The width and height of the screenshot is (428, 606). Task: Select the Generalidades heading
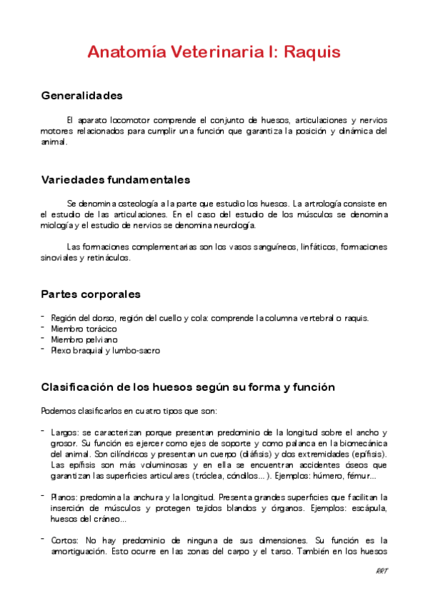point(81,96)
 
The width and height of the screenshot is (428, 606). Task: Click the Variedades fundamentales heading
point(115,179)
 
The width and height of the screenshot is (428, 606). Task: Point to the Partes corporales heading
point(91,294)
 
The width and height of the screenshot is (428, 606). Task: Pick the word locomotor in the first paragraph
point(132,119)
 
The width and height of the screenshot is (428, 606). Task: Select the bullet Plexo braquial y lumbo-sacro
point(105,351)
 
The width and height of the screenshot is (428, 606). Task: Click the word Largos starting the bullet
point(64,432)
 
